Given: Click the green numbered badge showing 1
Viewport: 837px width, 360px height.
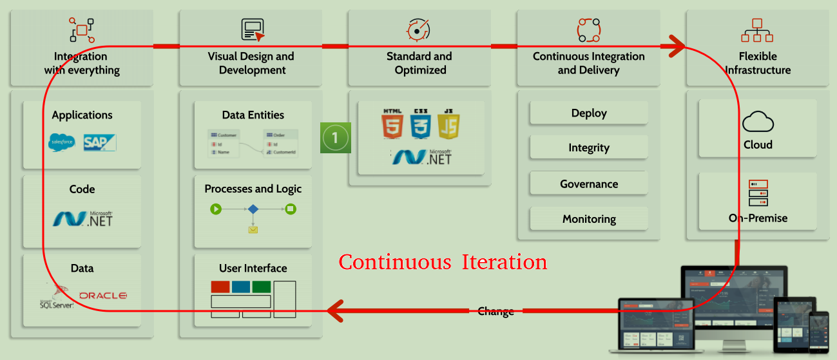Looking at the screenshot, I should (335, 137).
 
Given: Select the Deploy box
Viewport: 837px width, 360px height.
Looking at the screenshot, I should (589, 113).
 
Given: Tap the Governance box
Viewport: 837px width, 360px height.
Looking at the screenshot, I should (589, 184).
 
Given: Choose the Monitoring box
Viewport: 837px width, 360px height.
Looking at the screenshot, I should (589, 219).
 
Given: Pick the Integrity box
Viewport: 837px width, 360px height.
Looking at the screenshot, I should (589, 148).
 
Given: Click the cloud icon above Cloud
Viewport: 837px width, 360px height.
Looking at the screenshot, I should (758, 122).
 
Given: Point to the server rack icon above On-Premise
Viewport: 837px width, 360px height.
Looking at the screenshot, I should (758, 193).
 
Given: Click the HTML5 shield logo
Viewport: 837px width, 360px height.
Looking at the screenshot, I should (392, 124).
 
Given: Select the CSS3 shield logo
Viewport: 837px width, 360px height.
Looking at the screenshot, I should (421, 124).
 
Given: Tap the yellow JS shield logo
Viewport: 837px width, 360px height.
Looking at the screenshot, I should (449, 124).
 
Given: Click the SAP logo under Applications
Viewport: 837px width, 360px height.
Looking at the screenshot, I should (100, 142).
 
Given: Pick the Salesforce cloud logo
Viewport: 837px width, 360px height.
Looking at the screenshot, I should (63, 142).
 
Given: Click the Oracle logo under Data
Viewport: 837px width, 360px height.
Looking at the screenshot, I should (103, 296).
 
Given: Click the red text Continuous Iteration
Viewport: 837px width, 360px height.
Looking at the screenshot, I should (443, 262).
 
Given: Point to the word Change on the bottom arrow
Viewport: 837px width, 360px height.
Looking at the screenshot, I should (495, 312).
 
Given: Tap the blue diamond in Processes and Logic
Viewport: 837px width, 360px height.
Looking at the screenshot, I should (253, 209).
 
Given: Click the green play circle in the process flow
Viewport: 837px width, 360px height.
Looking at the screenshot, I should (216, 209).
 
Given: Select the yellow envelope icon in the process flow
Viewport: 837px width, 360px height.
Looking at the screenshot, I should (253, 229).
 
